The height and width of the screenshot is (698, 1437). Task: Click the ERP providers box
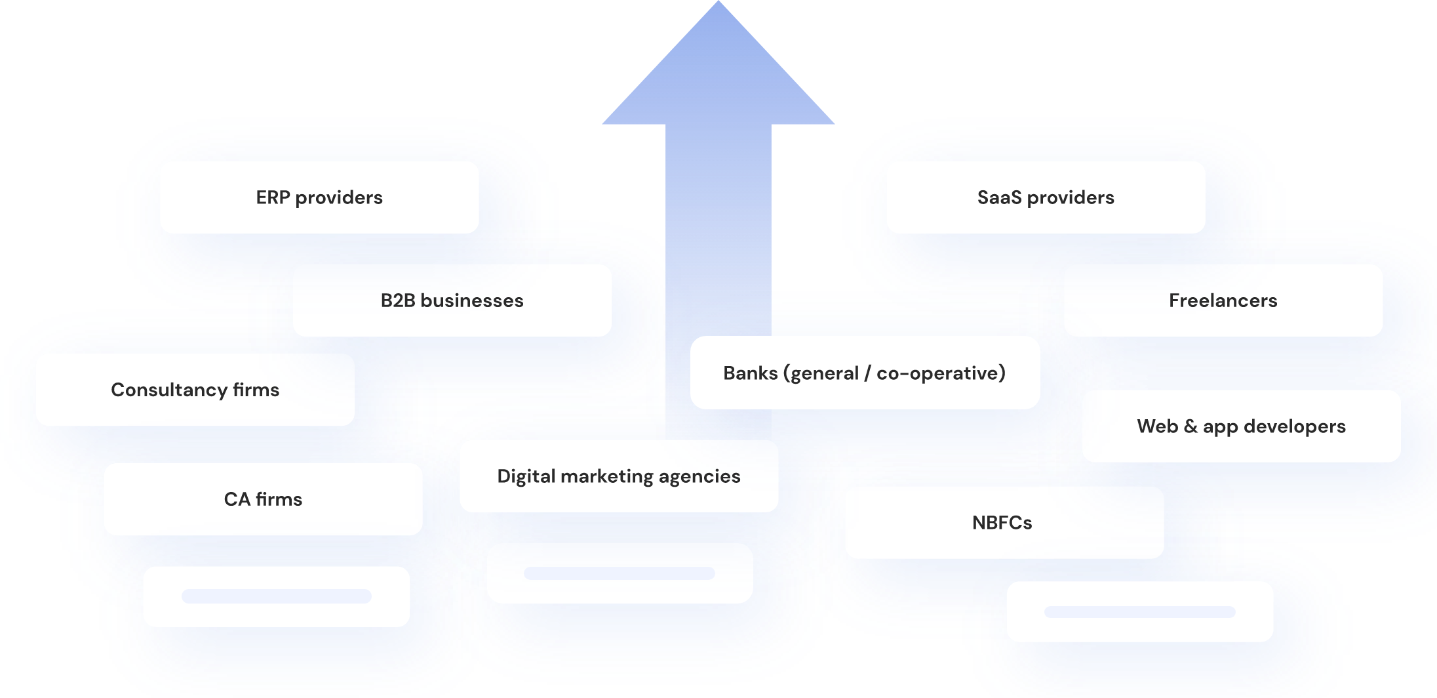319,197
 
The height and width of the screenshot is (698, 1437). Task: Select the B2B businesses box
452,300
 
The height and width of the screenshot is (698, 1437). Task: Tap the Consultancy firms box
195,390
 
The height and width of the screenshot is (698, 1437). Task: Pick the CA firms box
263,499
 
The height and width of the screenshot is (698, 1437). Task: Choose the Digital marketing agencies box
619,476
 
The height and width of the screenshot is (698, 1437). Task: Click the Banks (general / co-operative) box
865,373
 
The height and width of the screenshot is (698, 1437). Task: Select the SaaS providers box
1046,197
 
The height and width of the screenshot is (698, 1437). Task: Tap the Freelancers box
1223,300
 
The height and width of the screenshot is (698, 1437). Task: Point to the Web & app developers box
1241,426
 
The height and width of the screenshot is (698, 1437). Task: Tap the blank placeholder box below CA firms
276,596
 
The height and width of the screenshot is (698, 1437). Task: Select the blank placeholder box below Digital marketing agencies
620,573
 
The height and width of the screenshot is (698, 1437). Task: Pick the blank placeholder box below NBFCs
1139,611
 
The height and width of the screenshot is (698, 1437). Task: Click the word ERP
273,197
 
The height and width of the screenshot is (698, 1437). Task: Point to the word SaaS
999,197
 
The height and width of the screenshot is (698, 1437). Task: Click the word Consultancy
168,390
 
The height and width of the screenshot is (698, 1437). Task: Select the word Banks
750,373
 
